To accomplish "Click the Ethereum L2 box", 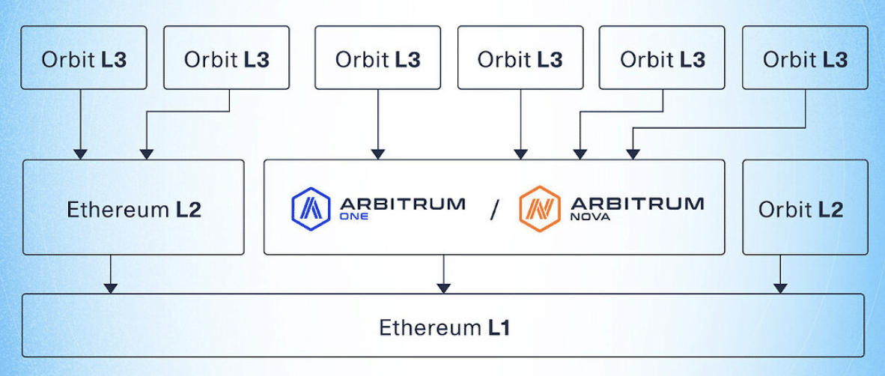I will point(133,207).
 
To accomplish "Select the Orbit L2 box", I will point(805,207).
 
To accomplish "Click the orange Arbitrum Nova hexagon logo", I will point(539,207).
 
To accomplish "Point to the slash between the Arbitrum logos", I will point(493,210).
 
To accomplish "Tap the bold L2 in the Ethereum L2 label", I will point(188,209).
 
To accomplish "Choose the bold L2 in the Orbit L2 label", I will point(830,209).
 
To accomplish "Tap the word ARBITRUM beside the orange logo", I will point(636,202).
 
